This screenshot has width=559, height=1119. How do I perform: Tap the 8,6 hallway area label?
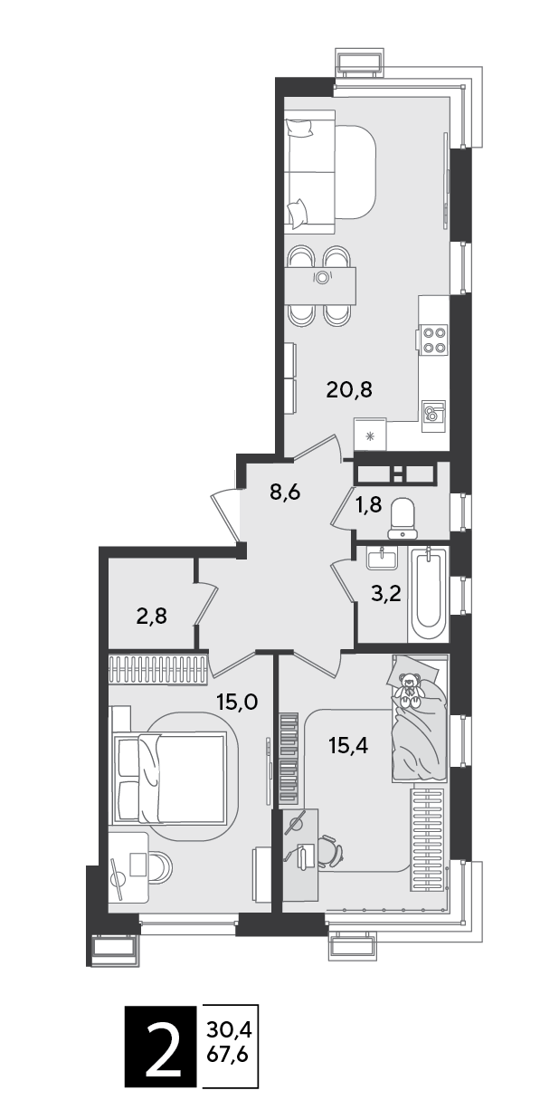287,493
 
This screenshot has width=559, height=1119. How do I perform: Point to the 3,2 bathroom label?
387,595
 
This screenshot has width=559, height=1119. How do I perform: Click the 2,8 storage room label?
151,617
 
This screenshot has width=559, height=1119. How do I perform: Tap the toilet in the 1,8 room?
403,520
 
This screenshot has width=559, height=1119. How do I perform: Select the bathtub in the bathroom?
429,594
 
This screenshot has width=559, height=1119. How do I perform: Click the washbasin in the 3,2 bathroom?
383,558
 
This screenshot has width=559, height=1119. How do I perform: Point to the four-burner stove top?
434,340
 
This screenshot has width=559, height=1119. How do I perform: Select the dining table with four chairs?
322,286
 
